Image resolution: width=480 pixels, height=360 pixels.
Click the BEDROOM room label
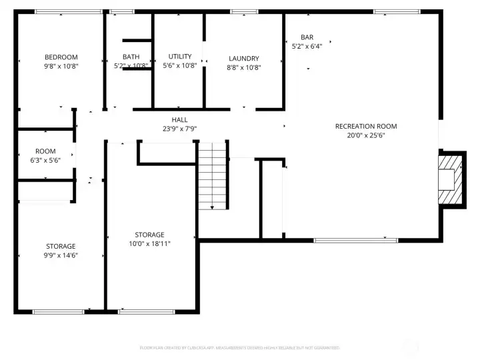click(61, 57)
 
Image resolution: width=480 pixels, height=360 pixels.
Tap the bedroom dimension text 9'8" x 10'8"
click(61, 66)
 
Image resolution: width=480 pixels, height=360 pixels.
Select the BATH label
click(131, 57)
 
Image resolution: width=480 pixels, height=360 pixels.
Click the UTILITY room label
click(180, 57)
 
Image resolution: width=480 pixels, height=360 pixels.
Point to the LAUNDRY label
click(243, 58)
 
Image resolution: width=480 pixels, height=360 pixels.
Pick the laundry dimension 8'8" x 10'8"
click(243, 67)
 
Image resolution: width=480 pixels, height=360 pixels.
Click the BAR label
click(307, 37)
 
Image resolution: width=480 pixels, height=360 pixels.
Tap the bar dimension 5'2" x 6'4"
click(307, 46)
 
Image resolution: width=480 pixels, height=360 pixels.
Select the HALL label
click(179, 119)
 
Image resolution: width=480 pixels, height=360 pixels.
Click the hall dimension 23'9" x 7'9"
click(179, 129)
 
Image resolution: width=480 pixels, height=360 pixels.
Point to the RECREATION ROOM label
click(366, 126)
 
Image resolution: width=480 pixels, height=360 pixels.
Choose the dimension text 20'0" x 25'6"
click(366, 135)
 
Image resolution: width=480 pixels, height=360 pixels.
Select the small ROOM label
click(45, 151)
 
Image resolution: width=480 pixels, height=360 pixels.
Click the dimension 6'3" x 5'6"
click(45, 161)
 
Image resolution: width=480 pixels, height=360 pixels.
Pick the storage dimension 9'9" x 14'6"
click(61, 255)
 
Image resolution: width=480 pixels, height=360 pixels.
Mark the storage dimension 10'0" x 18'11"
click(149, 244)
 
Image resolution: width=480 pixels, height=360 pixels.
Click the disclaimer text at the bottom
click(239, 347)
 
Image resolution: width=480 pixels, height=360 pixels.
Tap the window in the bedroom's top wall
click(68, 11)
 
